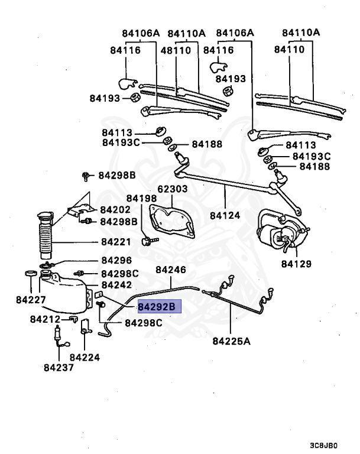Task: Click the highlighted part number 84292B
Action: click(x=157, y=307)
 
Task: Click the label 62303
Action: click(x=172, y=190)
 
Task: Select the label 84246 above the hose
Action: click(x=171, y=270)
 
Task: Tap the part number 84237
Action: click(x=59, y=367)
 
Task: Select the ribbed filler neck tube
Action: click(x=45, y=236)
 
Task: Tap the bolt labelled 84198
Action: click(x=148, y=241)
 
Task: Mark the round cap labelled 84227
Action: click(x=27, y=274)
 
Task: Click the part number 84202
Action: click(x=115, y=209)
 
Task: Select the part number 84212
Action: click(x=46, y=320)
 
